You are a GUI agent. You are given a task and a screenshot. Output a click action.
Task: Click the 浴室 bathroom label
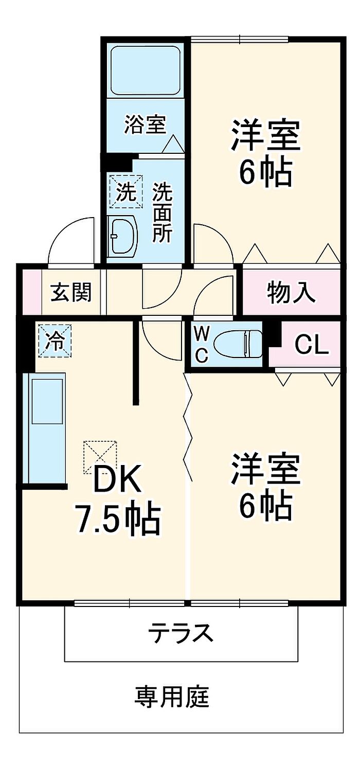145,124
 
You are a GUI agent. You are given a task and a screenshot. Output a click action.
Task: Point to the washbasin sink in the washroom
123,236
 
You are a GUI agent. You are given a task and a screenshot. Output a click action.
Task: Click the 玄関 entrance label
71,292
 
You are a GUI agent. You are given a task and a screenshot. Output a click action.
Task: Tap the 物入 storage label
291,292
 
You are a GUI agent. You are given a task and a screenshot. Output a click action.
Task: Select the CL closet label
312,345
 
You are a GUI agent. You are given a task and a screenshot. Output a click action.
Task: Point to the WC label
202,345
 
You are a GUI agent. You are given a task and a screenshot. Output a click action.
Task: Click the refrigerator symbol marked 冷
54,340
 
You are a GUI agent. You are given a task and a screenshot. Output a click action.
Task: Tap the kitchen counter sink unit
46,427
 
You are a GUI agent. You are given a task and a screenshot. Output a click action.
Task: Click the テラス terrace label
181,632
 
